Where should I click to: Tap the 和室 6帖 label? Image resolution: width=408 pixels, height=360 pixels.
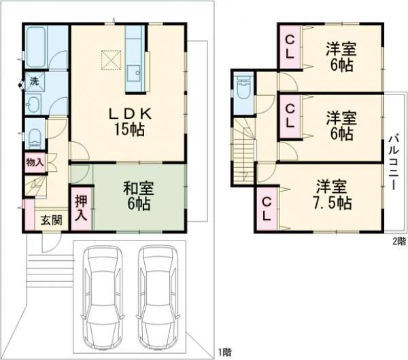coord(139,196)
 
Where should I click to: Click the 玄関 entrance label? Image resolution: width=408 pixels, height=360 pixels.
coord(52,221)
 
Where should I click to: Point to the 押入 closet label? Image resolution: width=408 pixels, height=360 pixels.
coord(81,208)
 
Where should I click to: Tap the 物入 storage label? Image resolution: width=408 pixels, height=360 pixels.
coord(35,163)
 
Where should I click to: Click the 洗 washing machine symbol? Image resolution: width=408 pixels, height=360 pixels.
coord(35,82)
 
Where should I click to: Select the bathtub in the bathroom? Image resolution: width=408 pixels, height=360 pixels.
coord(37,47)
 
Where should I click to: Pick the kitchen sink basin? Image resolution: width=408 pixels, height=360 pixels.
coord(134,74)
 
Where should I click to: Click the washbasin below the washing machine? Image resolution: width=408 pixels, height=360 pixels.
coord(34,104)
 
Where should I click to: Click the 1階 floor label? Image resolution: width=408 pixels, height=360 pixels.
coord(224,353)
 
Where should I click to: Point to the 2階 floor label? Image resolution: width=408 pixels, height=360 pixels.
coord(399,242)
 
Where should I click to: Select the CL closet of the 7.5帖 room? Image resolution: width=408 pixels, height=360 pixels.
coord(267,209)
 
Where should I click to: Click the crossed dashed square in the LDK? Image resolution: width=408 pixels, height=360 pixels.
coord(111,60)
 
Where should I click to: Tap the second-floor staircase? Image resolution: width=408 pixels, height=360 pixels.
coord(243,151)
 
